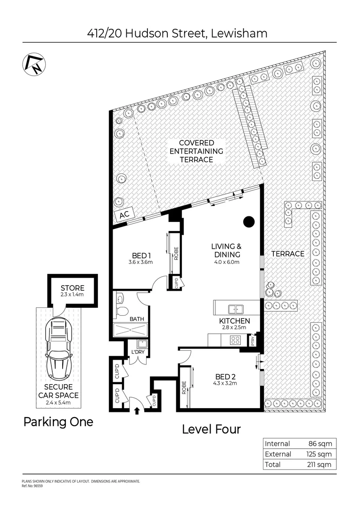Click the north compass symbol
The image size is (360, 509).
coord(31,64)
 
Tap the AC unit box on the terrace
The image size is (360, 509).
coord(124,215)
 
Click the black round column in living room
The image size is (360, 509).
coord(249,221)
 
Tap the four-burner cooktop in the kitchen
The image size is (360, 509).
coord(235,340)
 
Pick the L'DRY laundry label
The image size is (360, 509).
coord(137,353)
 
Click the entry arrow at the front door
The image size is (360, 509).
coord(137,410)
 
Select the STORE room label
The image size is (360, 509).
coord(73,288)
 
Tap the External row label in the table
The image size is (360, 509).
coord(278,454)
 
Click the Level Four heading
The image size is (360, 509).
coord(211,429)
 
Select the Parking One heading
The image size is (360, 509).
coord(58,422)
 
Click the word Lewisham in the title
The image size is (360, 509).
coord(239,33)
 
